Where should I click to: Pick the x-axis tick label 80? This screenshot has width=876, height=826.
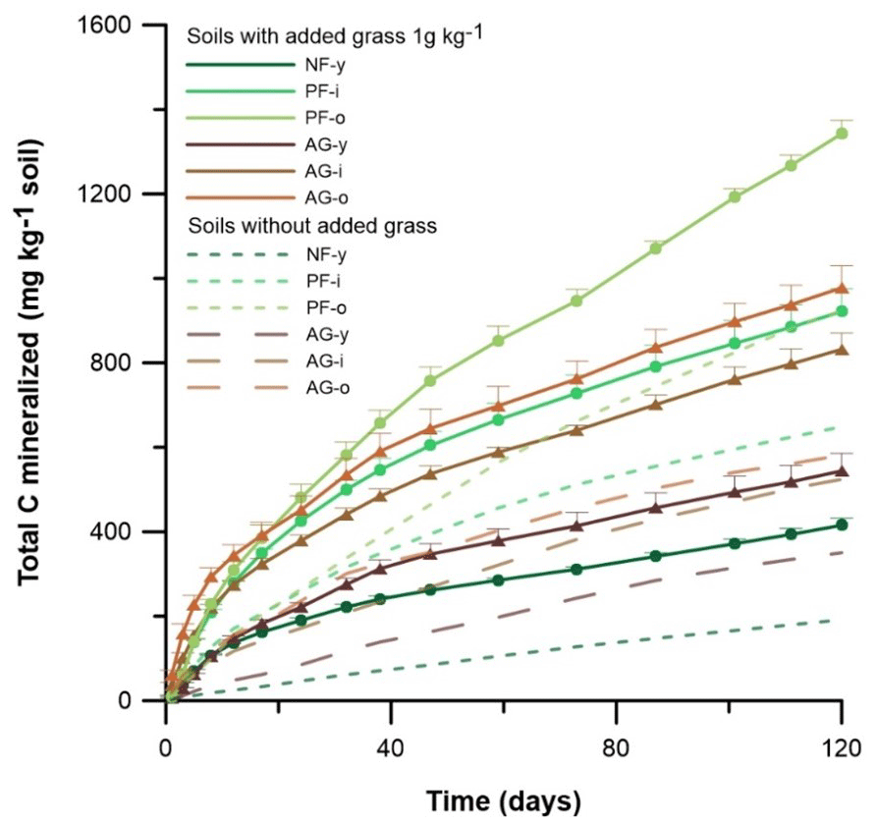pyautogui.click(x=616, y=743)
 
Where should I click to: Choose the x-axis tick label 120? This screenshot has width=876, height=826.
pyautogui.click(x=841, y=743)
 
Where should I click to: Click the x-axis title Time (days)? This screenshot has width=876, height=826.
pyautogui.click(x=503, y=800)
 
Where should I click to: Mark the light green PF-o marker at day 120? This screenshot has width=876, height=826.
pyautogui.click(x=842, y=134)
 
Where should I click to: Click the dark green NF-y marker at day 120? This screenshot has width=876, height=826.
pyautogui.click(x=842, y=524)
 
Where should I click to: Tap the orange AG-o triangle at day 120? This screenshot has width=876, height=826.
pyautogui.click(x=842, y=288)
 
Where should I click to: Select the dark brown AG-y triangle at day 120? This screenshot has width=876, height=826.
pyautogui.click(x=842, y=470)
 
